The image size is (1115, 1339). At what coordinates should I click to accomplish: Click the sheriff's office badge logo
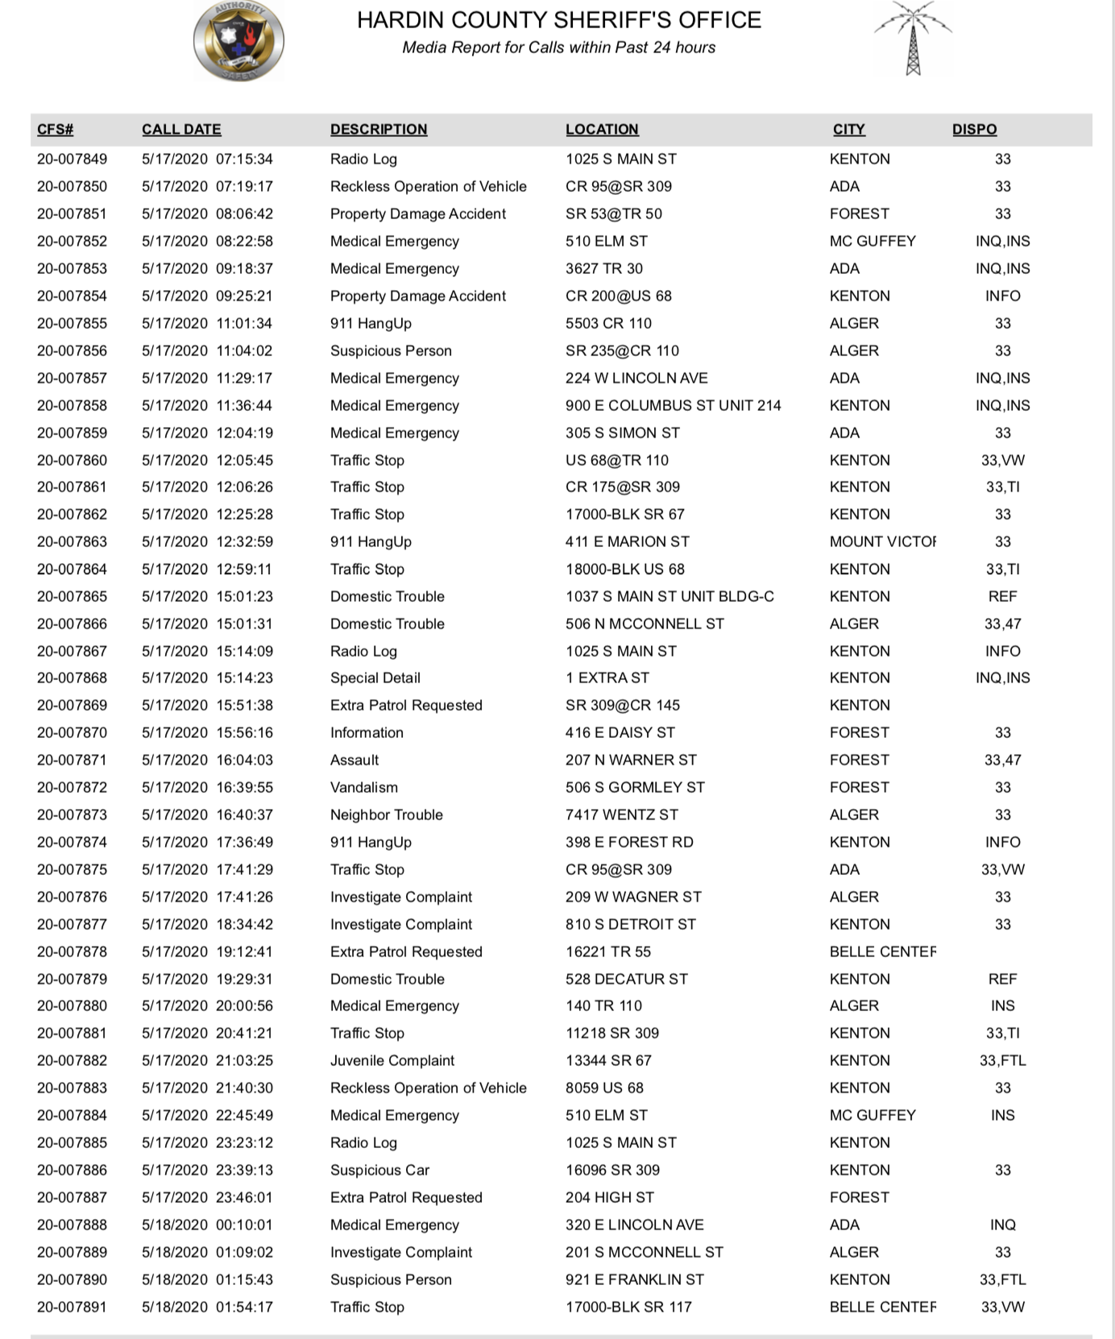[238, 41]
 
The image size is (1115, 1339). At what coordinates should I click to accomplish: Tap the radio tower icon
[912, 39]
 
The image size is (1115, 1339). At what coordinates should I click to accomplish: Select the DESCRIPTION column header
[379, 129]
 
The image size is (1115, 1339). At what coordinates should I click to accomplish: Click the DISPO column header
[974, 129]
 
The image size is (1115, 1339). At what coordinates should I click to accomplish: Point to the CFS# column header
[56, 129]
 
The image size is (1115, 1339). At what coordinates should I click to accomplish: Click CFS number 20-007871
[72, 760]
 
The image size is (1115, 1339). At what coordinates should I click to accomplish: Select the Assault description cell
[354, 760]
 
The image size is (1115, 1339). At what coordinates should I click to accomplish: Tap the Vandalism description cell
[364, 787]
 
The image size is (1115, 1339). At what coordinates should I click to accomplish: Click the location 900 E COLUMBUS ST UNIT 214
[673, 405]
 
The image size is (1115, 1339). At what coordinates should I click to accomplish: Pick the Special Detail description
[375, 678]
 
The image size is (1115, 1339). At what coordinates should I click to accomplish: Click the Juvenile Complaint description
[392, 1060]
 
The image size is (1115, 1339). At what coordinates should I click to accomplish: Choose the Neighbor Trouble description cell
[387, 815]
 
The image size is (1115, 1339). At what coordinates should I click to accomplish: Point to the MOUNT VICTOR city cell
[882, 541]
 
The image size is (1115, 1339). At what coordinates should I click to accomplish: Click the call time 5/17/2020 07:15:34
[207, 159]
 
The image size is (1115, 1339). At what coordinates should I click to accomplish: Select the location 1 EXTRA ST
[607, 678]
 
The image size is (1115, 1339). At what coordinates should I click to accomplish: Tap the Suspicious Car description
[379, 1170]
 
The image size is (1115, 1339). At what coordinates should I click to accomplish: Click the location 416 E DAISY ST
[620, 732]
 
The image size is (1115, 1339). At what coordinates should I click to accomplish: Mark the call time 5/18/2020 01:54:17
[207, 1307]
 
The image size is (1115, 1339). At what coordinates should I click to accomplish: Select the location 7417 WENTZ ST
[622, 815]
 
